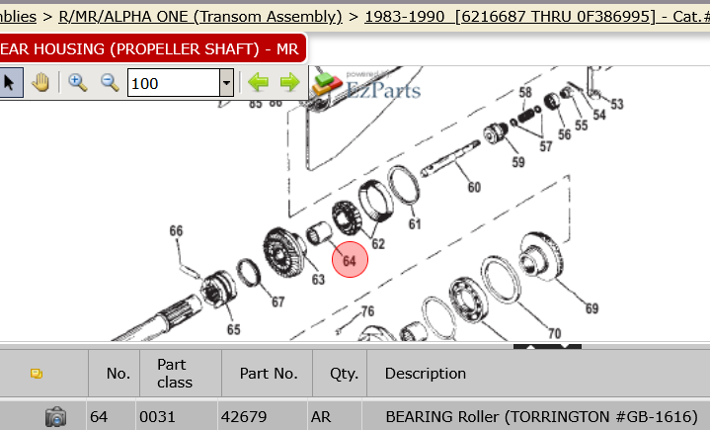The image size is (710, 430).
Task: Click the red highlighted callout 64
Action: point(350,260)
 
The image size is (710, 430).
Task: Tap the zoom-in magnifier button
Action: point(78,83)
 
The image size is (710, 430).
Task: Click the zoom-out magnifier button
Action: point(110,83)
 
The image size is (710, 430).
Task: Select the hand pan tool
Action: point(40,83)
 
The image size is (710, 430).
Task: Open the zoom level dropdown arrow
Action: point(226,83)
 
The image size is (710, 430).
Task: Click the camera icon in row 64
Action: point(55,416)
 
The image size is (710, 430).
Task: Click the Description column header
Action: point(426,374)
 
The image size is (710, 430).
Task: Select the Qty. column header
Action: point(344,374)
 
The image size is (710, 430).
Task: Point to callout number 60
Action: point(474,187)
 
